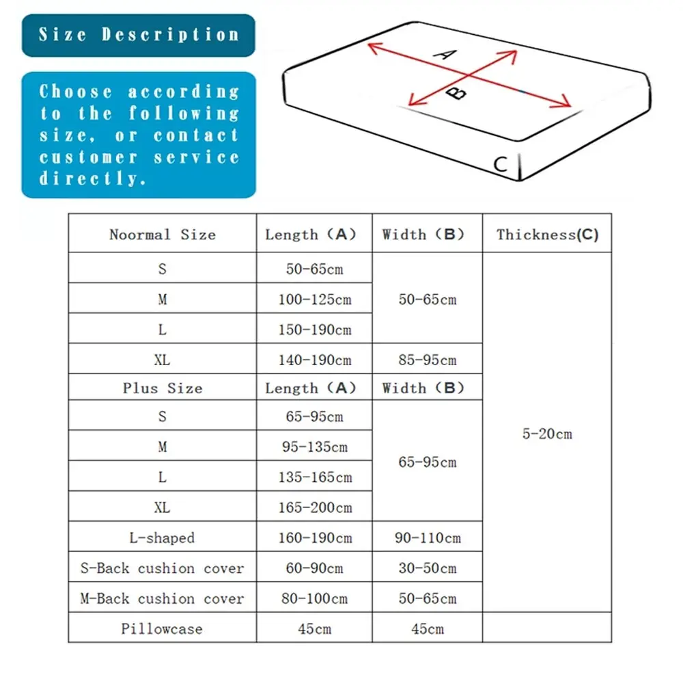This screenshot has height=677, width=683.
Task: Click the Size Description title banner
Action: pos(139,35)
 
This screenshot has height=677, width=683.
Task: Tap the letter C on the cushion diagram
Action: pos(501,164)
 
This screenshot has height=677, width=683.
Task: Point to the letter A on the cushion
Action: pos(445,54)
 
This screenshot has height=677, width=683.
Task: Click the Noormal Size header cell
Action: pos(162,235)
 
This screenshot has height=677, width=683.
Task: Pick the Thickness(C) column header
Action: pos(547,235)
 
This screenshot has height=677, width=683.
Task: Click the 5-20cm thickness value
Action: pos(547,434)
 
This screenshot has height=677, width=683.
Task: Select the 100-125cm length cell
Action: pos(314,300)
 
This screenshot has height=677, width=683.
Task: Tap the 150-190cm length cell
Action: pos(314,330)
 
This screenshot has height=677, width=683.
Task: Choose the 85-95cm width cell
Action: pos(428,360)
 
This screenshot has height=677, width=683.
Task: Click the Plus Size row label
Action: pos(162,388)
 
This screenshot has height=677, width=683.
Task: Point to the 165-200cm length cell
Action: pos(314,507)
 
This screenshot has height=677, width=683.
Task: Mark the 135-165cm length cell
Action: pos(314,477)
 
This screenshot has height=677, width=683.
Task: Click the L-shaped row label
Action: pos(162,538)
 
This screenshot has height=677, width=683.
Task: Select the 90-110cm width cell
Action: pos(428,538)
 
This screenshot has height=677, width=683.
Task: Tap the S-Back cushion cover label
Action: pos(162,568)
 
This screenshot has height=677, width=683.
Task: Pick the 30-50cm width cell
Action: pos(428,568)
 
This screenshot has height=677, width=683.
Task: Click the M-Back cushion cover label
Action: pos(162,599)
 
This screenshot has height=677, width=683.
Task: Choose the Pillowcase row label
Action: pos(162,629)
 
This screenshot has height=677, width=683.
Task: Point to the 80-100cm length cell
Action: pos(314,599)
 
